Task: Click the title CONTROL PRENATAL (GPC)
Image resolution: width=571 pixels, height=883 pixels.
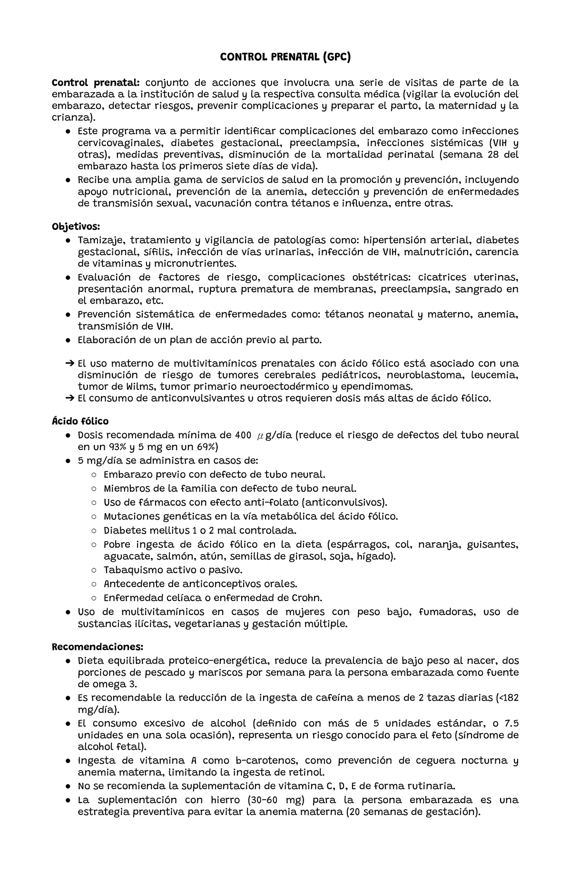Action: (x=285, y=58)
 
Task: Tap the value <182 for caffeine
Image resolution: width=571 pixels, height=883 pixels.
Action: (x=508, y=698)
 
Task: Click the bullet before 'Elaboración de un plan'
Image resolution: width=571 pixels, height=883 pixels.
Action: (x=69, y=340)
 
